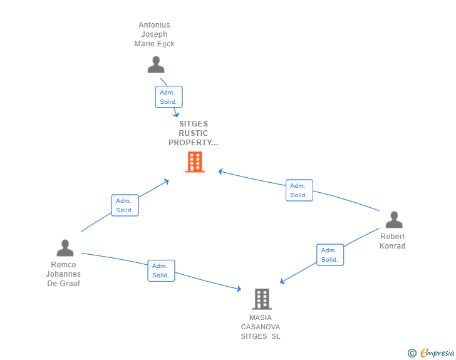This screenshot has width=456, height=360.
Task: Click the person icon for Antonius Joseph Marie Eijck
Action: (155, 65)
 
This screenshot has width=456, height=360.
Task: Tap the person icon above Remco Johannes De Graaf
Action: (65, 249)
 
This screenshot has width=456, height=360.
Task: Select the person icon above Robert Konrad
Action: (394, 220)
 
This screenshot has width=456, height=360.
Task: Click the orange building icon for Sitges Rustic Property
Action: (195, 162)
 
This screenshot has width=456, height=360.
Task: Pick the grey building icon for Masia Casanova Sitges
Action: (262, 299)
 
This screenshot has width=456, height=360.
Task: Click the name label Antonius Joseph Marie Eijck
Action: (154, 34)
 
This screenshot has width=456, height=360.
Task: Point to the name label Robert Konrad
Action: (393, 241)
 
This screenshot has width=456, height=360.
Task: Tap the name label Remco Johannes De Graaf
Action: (63, 274)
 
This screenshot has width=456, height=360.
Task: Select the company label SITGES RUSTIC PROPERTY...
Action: (193, 133)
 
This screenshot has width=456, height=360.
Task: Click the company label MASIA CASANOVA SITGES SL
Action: (261, 327)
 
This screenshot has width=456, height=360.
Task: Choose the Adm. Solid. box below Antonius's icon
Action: (168, 97)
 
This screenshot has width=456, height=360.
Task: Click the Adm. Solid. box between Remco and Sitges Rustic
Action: (125, 205)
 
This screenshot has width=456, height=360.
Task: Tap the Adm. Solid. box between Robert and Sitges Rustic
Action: (299, 190)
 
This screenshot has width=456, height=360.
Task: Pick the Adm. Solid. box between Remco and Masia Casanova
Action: (161, 270)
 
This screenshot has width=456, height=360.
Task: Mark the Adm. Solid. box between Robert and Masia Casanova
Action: (330, 255)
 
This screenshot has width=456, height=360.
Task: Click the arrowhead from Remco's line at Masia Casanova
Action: (239, 289)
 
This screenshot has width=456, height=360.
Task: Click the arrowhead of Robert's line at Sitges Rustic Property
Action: (220, 171)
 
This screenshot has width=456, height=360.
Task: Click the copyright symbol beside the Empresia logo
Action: (412, 353)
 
